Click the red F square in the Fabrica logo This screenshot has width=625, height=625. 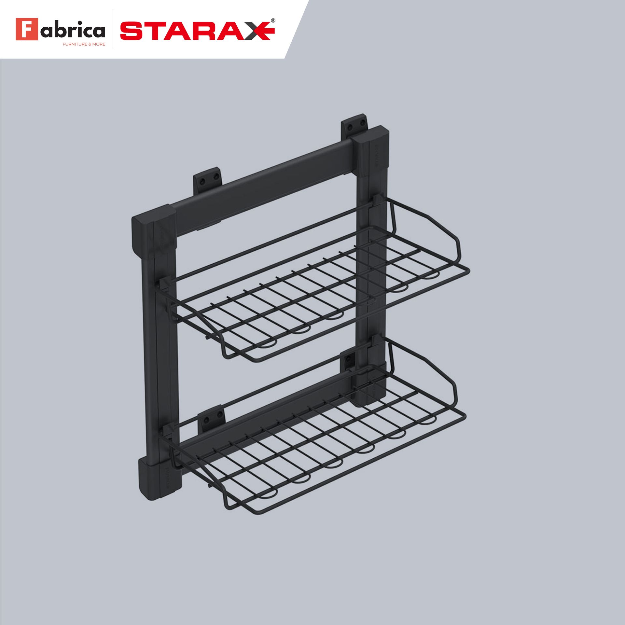click(x=27, y=29)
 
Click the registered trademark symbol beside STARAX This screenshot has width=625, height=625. click(x=273, y=20)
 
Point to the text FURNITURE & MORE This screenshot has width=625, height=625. click(x=84, y=44)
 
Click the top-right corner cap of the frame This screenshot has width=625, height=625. click(x=373, y=148)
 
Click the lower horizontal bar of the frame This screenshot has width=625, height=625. click(x=260, y=423)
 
